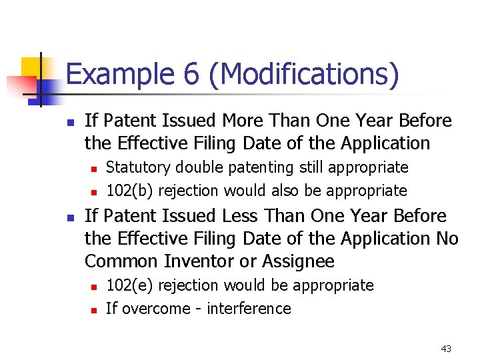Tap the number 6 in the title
point(192,74)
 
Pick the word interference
point(249,309)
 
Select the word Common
point(118,261)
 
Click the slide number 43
point(446,349)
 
